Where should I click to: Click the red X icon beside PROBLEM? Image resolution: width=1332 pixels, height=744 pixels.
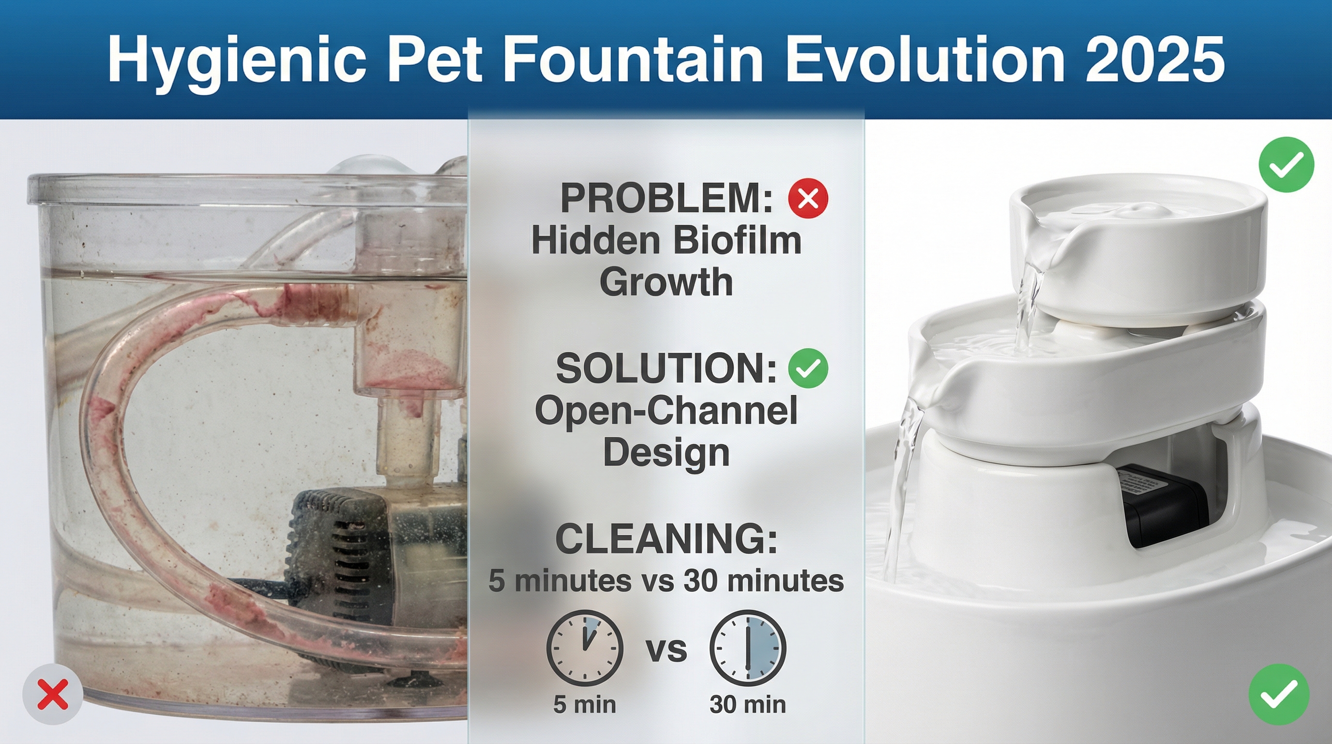point(808,198)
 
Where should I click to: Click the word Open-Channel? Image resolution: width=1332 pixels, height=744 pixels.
point(666,412)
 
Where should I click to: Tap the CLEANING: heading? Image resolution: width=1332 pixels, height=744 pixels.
point(666,539)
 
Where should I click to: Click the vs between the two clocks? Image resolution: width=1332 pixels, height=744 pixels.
point(666,650)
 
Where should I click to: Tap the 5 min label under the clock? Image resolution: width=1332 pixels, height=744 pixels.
point(585,705)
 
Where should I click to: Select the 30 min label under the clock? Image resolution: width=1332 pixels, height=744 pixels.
point(748,705)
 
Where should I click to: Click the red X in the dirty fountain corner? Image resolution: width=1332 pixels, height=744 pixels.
point(53,694)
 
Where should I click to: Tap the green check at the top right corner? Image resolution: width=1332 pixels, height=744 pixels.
point(1287,165)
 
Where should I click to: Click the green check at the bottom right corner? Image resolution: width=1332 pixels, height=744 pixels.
point(1279,694)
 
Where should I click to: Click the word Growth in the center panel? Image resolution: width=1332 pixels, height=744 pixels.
point(666,283)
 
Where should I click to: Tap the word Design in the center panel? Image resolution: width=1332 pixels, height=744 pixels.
point(666,453)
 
